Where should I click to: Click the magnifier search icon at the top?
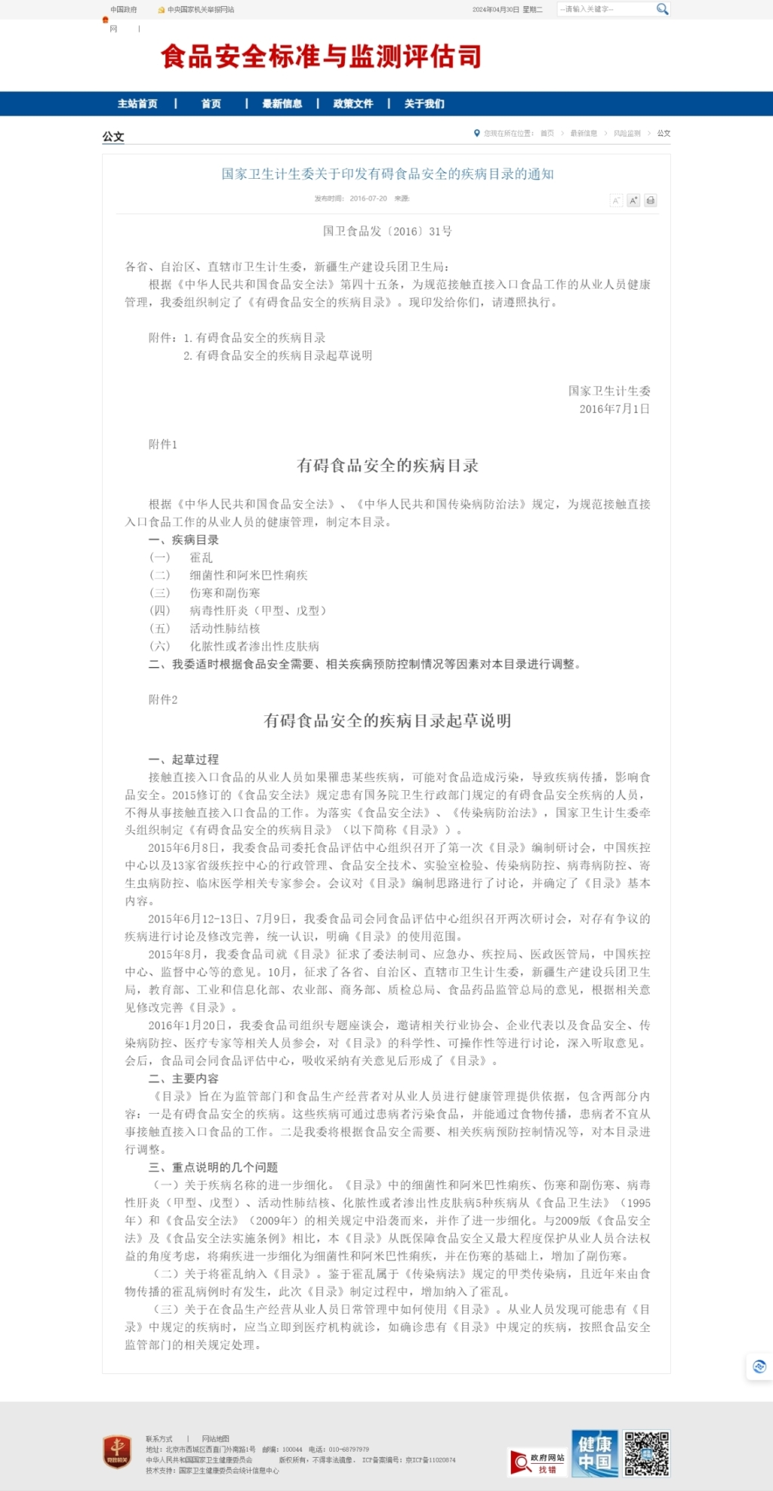tap(662, 9)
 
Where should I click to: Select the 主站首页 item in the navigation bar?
tap(137, 104)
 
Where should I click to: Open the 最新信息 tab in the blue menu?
tap(282, 104)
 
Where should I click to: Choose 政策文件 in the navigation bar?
tap(353, 104)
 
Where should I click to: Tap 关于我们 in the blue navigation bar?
tap(423, 104)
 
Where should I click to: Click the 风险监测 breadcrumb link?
tap(627, 134)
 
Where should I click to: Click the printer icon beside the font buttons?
tap(650, 201)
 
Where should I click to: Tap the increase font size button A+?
tap(633, 201)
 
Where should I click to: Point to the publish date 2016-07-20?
tap(368, 198)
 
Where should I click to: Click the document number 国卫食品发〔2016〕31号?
tap(387, 232)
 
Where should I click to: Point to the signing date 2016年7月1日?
tap(614, 409)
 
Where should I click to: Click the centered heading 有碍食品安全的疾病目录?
tap(387, 466)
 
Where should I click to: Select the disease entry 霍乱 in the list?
tap(201, 558)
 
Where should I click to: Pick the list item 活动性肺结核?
tap(224, 629)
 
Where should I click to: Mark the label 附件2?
tap(162, 699)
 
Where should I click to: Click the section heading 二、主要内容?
tap(183, 1079)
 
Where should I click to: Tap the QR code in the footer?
tap(646, 1453)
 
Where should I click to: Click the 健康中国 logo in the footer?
tap(595, 1453)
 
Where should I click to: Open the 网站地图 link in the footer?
tap(215, 1439)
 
